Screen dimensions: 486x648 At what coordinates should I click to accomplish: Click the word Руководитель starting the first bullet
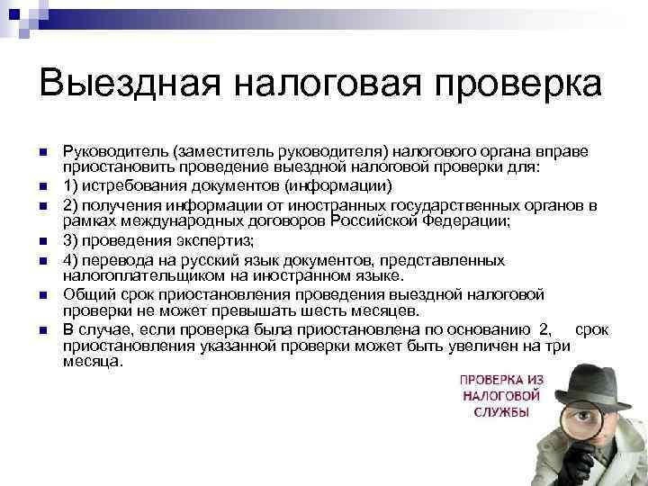click(x=115, y=155)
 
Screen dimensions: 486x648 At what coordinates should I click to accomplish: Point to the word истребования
click(x=134, y=187)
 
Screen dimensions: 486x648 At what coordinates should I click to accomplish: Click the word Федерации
click(x=463, y=220)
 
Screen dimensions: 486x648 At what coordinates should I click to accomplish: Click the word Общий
click(x=86, y=293)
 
